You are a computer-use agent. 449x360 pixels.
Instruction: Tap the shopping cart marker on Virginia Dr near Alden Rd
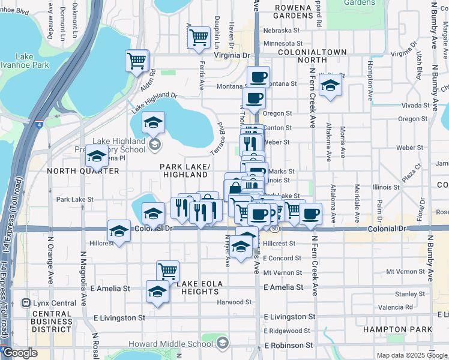point(137,61)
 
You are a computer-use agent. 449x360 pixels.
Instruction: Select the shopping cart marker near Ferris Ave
point(199,37)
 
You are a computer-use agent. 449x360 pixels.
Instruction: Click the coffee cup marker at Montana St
point(259,77)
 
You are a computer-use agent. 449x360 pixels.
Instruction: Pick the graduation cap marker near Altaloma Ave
point(329,85)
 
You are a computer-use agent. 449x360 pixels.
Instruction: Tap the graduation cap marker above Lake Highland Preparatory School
point(153,123)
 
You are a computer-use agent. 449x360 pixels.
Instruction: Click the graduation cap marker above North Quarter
point(96,157)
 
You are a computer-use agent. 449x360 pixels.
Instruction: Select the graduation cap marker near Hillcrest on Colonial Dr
point(119,231)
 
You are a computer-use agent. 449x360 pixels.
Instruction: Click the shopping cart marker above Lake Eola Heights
point(167,271)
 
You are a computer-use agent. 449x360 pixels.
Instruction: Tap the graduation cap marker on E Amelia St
point(157,292)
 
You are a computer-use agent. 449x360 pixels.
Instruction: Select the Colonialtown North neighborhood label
point(312,56)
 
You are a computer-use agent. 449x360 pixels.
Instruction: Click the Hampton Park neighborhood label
point(397,329)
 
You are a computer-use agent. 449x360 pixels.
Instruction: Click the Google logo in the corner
point(20,353)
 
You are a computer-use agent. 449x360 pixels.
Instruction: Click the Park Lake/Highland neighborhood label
point(185,170)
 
